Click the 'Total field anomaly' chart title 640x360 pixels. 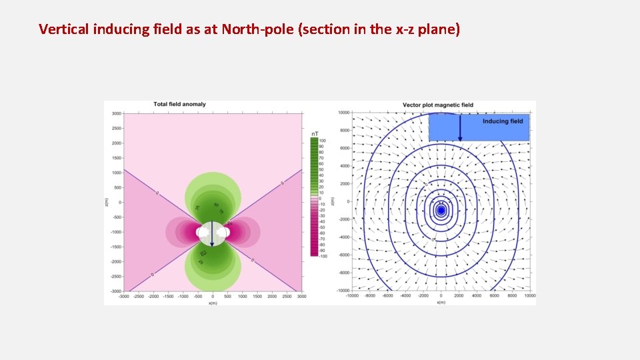pos(179,104)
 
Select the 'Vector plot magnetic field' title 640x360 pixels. pos(437,105)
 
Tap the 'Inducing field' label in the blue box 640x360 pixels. pos(503,121)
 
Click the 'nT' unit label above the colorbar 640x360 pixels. pos(315,133)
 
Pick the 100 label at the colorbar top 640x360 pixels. pos(323,141)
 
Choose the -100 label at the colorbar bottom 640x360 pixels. pos(322,255)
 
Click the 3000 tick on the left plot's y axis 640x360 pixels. pos(117,114)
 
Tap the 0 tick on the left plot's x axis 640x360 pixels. pos(212,296)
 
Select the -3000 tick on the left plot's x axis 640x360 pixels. pos(124,296)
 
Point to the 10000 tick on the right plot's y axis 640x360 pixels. pos(344,113)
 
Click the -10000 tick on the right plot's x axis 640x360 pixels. pos(353,296)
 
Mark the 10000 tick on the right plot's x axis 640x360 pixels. pos(530,296)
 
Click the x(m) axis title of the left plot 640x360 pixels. pos(212,302)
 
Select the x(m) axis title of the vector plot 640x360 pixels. pos(441,302)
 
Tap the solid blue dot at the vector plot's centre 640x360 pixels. pos(441,211)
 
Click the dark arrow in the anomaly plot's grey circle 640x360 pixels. pos(212,233)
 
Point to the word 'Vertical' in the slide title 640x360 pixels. pos(62,29)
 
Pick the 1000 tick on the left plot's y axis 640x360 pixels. pos(117,173)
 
